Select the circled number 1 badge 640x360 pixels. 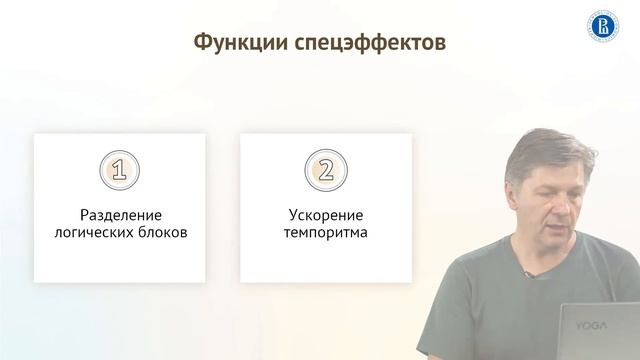(x=119, y=170)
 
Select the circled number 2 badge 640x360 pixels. (x=325, y=170)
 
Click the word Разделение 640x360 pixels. (x=120, y=215)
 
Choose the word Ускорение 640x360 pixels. (x=325, y=215)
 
